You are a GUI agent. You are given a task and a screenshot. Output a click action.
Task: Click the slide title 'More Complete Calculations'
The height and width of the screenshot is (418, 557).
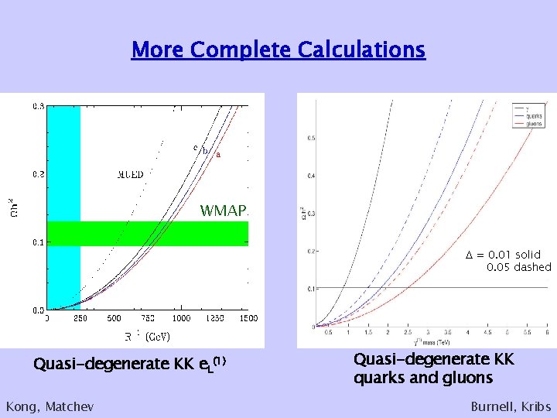point(278,50)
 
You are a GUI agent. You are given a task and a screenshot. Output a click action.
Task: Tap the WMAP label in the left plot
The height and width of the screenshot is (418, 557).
point(224,211)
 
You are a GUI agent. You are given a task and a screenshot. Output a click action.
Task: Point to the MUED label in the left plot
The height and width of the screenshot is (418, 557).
point(130,174)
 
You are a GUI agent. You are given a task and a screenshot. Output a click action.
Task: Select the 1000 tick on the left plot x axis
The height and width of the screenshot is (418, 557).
point(181,318)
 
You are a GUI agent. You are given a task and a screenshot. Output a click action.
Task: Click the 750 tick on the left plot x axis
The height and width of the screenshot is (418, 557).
point(147,318)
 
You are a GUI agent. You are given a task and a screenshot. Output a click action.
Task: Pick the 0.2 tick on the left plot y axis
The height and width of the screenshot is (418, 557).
point(39,175)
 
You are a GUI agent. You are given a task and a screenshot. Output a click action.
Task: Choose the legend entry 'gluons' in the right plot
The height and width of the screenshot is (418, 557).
point(534,124)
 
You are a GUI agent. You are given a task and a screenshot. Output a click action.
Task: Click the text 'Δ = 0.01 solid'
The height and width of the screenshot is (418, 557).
point(503,255)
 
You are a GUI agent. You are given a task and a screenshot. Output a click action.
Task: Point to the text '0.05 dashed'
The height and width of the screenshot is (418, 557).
point(518,267)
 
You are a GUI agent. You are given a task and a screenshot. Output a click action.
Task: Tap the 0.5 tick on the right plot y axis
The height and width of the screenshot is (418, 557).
point(311,139)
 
